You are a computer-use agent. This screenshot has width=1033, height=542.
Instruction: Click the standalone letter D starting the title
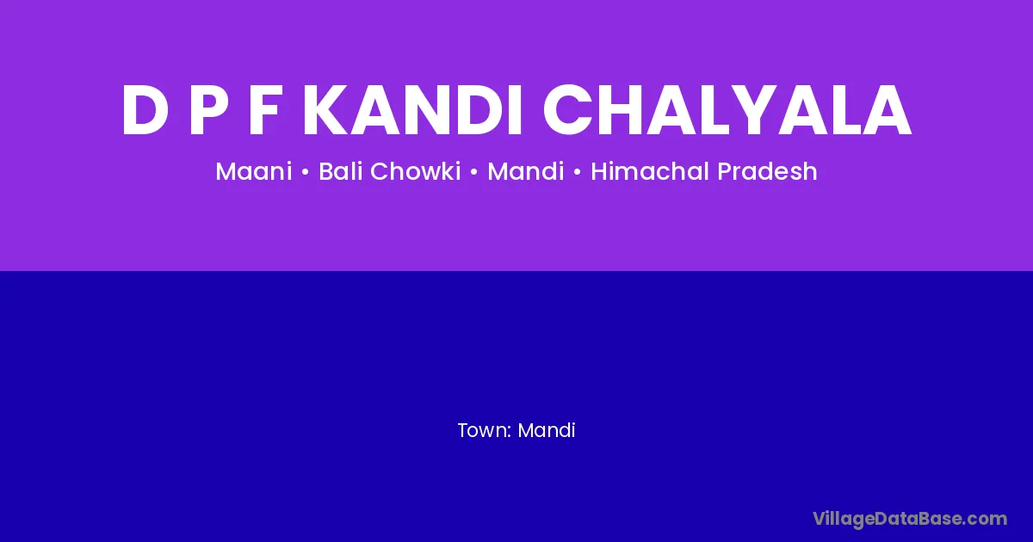pyautogui.click(x=144, y=110)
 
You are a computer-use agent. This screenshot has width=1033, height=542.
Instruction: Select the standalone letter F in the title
pyautogui.click(x=264, y=110)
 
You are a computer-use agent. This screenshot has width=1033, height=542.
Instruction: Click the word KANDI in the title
pyautogui.click(x=411, y=110)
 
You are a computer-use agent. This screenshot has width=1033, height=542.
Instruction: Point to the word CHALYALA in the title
pyautogui.click(x=727, y=110)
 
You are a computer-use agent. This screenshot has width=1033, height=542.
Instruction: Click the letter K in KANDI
pyautogui.click(x=326, y=110)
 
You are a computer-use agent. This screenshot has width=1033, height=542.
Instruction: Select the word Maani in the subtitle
pyautogui.click(x=254, y=171)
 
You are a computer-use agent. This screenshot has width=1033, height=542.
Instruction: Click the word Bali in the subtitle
pyautogui.click(x=339, y=171)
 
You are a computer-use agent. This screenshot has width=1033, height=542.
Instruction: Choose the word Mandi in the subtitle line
pyautogui.click(x=526, y=171)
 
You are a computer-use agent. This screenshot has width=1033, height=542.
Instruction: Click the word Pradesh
pyautogui.click(x=767, y=171)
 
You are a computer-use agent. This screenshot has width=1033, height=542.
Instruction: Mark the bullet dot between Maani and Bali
pyautogui.click(x=305, y=173)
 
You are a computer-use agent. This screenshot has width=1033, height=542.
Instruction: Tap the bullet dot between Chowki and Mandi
pyautogui.click(x=474, y=173)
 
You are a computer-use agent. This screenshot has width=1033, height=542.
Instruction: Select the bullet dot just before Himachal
pyautogui.click(x=578, y=173)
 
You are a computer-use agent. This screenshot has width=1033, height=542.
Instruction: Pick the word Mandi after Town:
pyautogui.click(x=547, y=430)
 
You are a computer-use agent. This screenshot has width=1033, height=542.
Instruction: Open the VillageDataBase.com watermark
pyautogui.click(x=909, y=520)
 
